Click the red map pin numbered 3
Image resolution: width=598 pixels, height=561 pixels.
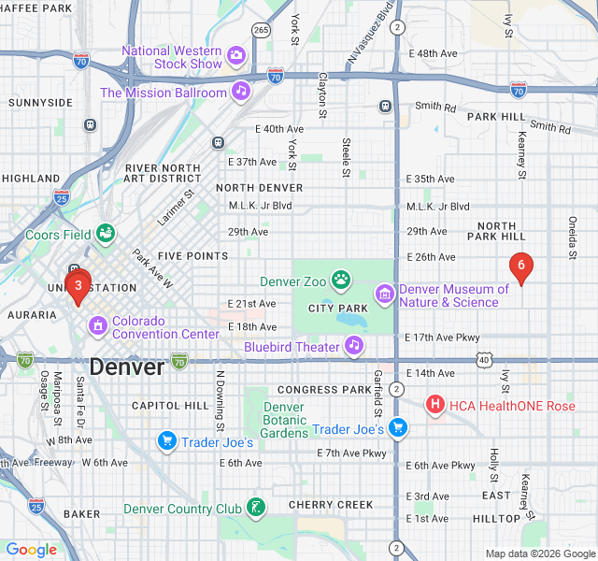pos(78,285)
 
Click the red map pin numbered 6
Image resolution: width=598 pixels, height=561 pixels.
pos(521,266)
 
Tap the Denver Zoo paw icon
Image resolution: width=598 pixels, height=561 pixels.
pos(342,279)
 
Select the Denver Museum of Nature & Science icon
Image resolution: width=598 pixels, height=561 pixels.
pos(384,295)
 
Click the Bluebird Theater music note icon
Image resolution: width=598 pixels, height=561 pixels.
pos(353,346)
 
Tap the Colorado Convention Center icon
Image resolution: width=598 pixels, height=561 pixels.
pos(97,326)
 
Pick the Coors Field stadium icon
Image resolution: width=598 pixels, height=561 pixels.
pos(106,232)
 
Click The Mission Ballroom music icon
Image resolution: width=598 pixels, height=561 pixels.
pos(241,91)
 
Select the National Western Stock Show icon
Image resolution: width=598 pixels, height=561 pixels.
pos(237,56)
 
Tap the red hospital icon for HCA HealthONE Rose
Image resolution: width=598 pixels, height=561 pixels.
pos(434,405)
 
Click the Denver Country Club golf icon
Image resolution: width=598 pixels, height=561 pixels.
pos(255,508)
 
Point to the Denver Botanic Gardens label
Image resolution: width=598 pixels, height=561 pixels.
pos(284,420)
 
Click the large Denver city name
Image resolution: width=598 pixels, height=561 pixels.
pos(127,367)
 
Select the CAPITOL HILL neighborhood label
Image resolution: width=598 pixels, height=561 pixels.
pos(170,406)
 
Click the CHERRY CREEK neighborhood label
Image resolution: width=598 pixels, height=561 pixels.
pos(331,505)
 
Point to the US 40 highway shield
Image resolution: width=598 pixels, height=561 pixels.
pos(483,359)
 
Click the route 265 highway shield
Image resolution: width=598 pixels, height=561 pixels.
pos(262,30)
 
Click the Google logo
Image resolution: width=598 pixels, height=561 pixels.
pos(32,550)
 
